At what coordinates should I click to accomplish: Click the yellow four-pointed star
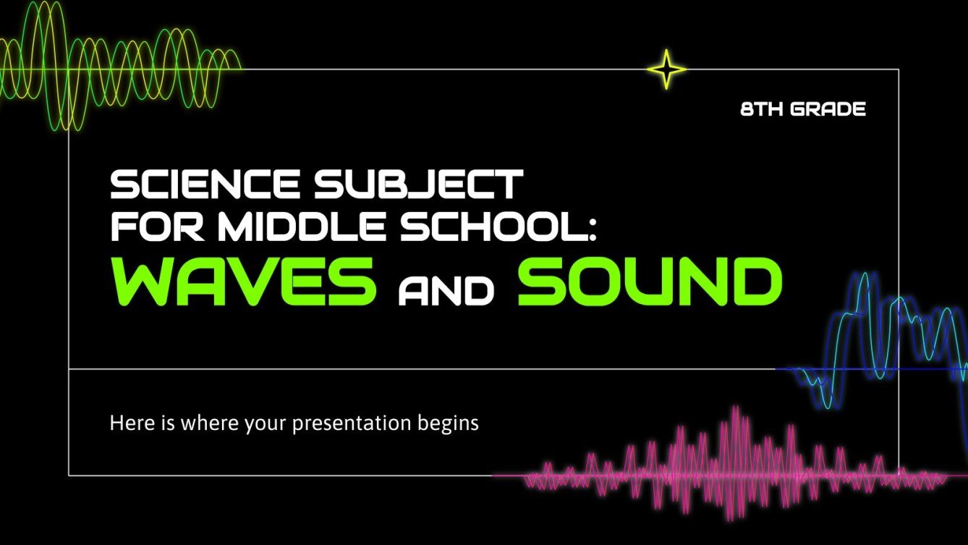point(666,69)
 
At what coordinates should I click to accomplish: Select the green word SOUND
point(649,279)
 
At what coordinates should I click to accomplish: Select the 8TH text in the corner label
point(762,110)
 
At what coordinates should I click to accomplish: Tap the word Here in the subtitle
point(128,422)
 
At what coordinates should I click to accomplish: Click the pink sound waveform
point(723,463)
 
